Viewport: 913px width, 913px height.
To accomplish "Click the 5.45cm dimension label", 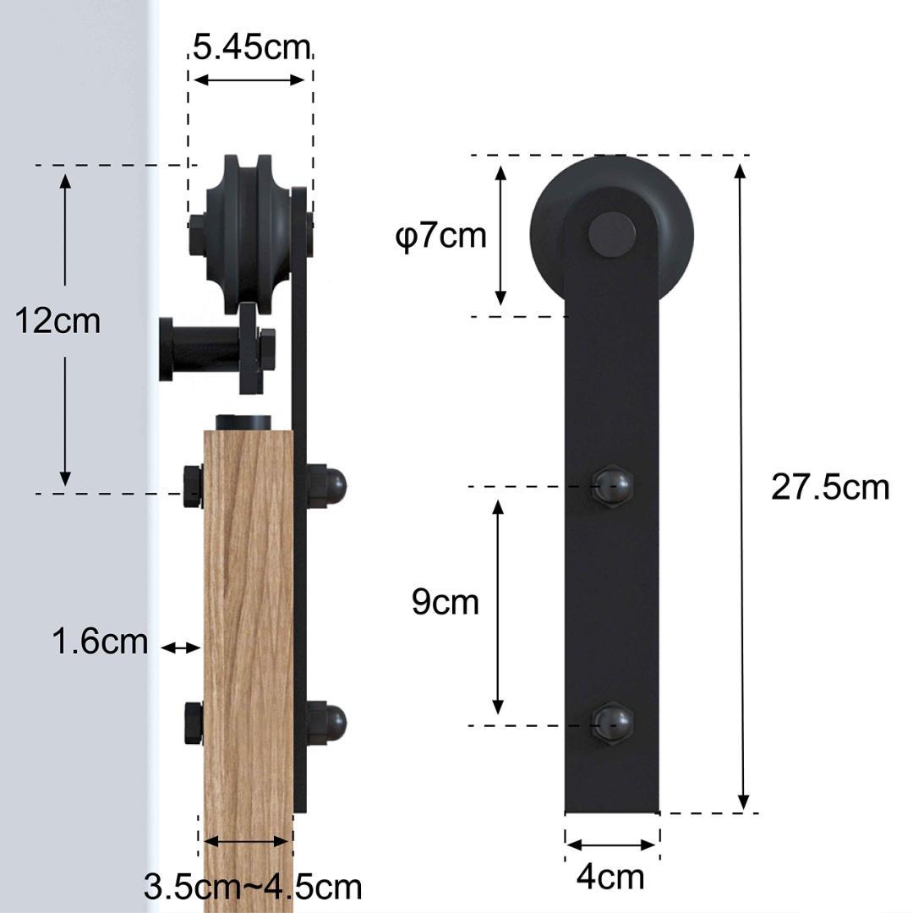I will pos(250,46).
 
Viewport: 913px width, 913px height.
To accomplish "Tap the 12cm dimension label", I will pos(57,320).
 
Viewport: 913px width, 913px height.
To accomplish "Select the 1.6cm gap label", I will pos(100,642).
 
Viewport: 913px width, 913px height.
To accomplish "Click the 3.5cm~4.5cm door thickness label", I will pos(252,887).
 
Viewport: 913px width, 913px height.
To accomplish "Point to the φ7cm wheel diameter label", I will pos(441,236).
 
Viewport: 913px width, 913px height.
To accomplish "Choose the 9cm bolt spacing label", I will pos(445,602).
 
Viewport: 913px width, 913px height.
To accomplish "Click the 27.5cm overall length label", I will pos(829,487).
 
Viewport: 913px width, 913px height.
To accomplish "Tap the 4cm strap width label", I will pos(610,877).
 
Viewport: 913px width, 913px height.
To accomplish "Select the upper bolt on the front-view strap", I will pos(612,486).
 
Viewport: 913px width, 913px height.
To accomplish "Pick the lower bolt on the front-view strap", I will pos(612,724).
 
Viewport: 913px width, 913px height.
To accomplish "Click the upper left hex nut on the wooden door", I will pos(193,486).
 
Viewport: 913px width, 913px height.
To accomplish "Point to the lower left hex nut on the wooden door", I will pos(193,723).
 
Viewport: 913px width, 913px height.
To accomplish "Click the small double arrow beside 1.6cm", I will pos(180,648).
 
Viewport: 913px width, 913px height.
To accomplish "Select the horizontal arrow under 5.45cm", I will pos(249,80).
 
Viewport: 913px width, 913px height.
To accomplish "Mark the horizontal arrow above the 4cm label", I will pos(612,844).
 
